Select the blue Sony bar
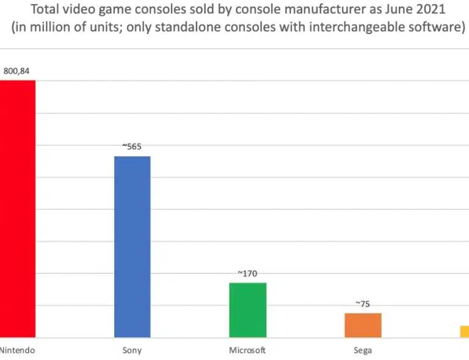pyautogui.click(x=133, y=247)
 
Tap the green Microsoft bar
pyautogui.click(x=248, y=310)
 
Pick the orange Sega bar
pyautogui.click(x=363, y=325)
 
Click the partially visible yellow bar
pyautogui.click(x=464, y=331)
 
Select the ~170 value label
pyautogui.click(x=248, y=274)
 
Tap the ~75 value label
pyautogui.click(x=363, y=304)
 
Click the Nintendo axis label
pyautogui.click(x=16, y=350)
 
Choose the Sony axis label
pyautogui.click(x=133, y=350)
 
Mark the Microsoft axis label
pyautogui.click(x=247, y=350)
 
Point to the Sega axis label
pyautogui.click(x=363, y=350)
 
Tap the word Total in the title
pyautogui.click(x=37, y=11)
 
